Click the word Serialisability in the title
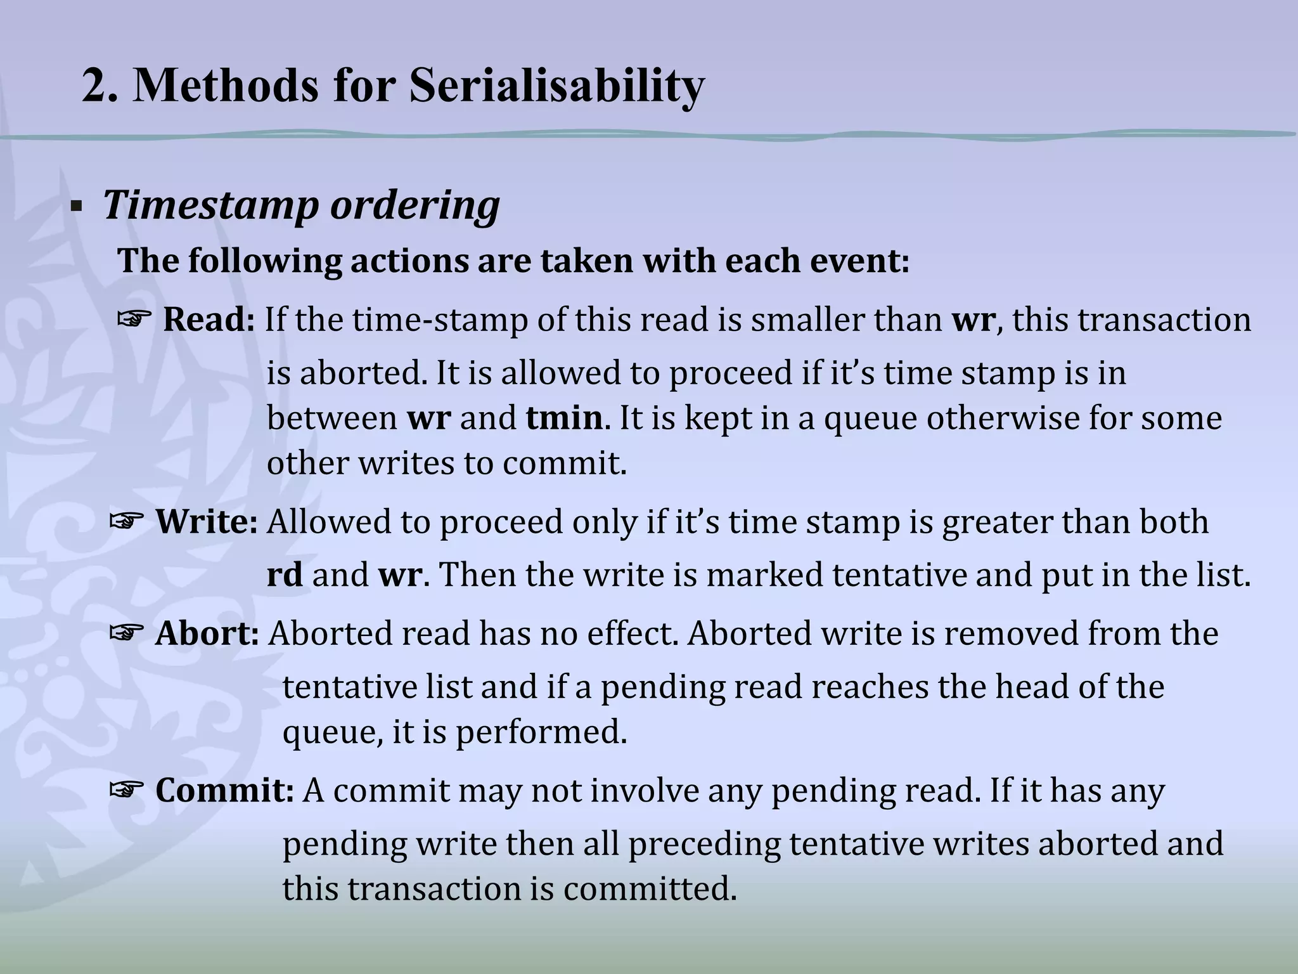556,86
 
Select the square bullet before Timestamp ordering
77,207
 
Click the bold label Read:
209,320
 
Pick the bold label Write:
207,522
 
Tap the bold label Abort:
207,633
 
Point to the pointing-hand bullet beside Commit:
126,790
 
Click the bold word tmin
564,419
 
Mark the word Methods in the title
226,86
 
